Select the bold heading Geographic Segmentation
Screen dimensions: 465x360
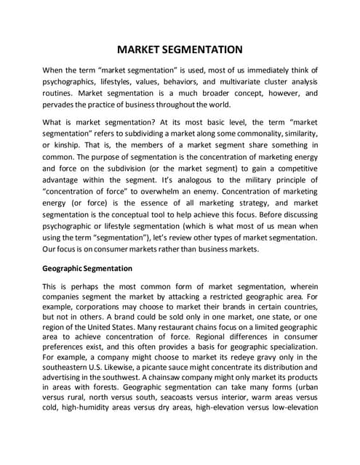tap(87, 268)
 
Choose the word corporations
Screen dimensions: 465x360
tap(91, 309)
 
